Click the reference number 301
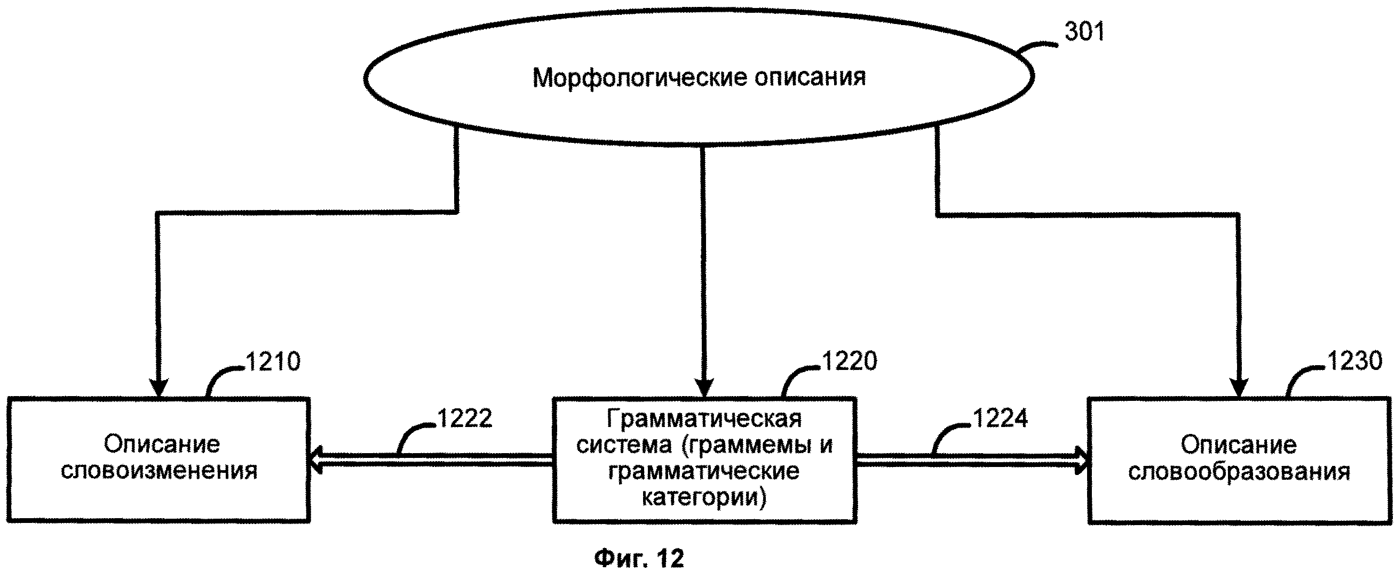(x=1084, y=32)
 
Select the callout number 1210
(x=273, y=361)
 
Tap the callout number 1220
(x=849, y=361)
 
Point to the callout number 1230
(x=1354, y=360)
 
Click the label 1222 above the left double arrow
(x=465, y=418)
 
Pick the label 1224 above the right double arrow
(x=1000, y=418)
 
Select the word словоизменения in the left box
(x=159, y=471)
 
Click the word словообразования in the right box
(x=1239, y=472)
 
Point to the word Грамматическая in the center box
(x=704, y=419)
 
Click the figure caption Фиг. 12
(x=639, y=558)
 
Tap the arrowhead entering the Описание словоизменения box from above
(x=157, y=389)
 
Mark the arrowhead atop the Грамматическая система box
(x=704, y=389)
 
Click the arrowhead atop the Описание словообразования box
(x=1239, y=389)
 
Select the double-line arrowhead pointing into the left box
(x=316, y=461)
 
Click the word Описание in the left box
(x=162, y=445)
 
